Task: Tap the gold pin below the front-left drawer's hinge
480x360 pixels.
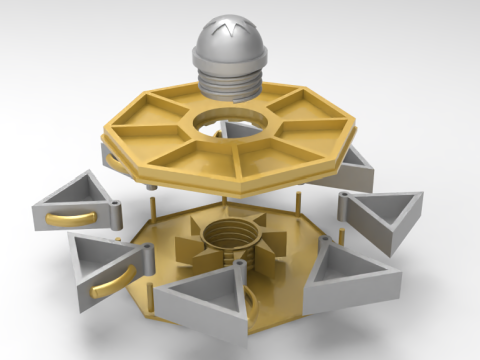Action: tap(150, 290)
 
